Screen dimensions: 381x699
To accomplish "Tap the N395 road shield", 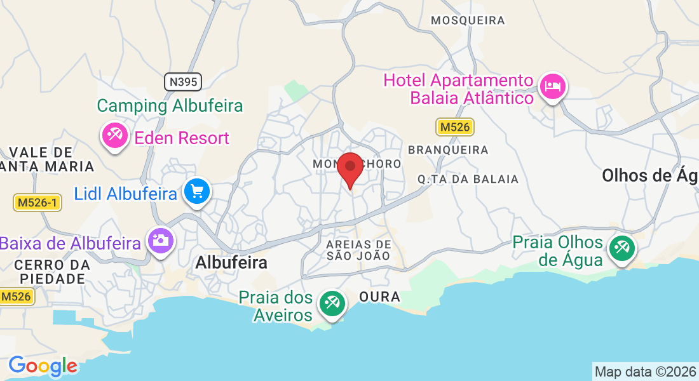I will point(183,81).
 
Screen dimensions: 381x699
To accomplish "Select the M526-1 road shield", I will point(37,203).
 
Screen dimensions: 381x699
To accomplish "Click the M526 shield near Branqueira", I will point(455,127).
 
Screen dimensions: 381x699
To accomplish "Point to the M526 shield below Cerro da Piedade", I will point(15,296).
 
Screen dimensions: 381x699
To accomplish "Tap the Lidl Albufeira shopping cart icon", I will point(196,190).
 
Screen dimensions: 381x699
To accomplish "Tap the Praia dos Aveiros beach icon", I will point(331,304).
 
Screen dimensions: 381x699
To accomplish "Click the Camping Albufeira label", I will point(170,105).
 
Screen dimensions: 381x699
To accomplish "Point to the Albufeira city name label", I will point(231,262).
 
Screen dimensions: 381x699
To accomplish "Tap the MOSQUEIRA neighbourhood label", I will point(468,20).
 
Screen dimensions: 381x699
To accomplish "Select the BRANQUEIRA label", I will point(448,150).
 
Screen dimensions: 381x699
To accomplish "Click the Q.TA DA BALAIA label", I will point(468,179).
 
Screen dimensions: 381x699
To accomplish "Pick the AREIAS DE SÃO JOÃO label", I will point(358,250).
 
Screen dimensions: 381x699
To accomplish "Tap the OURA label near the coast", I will point(379,297).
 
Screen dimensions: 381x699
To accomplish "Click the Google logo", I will point(43,366).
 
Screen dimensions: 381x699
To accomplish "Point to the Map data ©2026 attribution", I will point(645,371).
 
